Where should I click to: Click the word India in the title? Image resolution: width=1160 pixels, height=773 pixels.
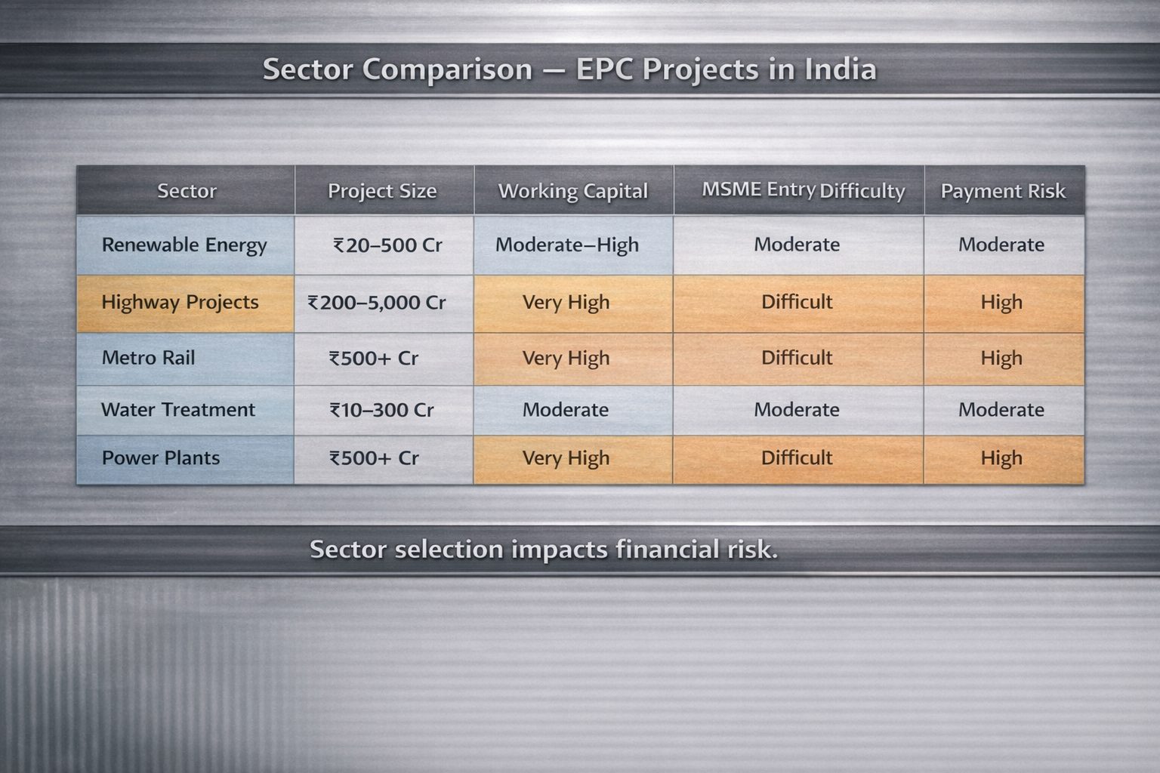(841, 69)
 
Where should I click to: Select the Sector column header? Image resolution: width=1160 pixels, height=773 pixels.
(187, 191)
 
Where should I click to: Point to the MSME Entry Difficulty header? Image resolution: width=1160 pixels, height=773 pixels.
(804, 191)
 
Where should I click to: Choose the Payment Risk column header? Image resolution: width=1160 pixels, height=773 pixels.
(1003, 191)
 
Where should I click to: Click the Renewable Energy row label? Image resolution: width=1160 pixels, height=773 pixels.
(184, 245)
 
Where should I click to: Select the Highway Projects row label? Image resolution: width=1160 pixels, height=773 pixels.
(180, 303)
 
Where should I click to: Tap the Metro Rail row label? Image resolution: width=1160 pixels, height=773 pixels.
(148, 358)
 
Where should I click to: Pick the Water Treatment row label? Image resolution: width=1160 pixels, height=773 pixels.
(178, 410)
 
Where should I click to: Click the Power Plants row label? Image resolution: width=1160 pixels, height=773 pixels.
(161, 457)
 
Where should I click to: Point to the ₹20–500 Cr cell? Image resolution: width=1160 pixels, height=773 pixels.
(387, 245)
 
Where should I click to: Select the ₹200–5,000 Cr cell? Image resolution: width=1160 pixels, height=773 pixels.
(377, 303)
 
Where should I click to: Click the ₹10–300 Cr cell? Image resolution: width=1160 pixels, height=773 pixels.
(381, 410)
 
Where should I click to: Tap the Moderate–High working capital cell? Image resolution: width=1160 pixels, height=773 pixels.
(567, 245)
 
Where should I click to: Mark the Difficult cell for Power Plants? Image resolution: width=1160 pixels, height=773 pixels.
(797, 457)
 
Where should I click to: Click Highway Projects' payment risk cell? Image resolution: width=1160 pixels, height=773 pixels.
(1001, 303)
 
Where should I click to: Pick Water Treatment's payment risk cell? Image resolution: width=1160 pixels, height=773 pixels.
(1001, 410)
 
